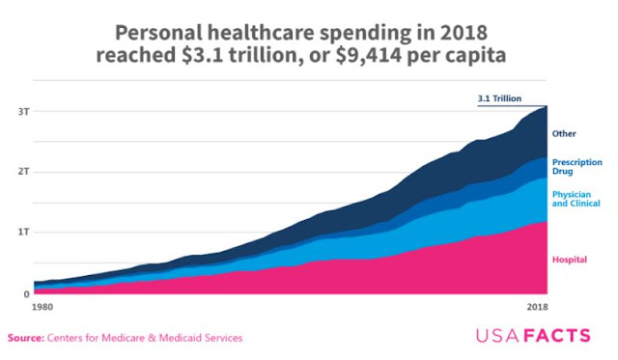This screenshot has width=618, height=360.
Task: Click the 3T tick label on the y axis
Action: coord(23,112)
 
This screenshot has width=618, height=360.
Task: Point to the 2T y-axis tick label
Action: coord(23,172)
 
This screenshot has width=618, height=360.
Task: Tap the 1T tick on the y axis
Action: coord(23,232)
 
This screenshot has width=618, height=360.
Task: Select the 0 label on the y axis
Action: coord(26,293)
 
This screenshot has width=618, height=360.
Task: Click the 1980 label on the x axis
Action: coord(42,307)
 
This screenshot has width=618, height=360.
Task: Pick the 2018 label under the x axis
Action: coord(537,307)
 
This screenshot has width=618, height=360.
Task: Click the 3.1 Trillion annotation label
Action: coord(499,98)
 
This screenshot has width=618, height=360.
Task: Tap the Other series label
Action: coord(564,134)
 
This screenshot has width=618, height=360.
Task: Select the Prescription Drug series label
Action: coord(577,167)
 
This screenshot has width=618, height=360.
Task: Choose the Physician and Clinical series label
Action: coord(576,199)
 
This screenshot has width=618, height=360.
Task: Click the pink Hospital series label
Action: coord(570,260)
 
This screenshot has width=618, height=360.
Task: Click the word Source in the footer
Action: coord(26,338)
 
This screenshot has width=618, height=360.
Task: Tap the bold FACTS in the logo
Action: coord(558,336)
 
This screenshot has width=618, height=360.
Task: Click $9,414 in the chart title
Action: coord(369,55)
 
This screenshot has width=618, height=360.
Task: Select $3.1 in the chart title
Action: coord(203,55)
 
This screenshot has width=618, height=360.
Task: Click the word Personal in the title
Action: coord(158,33)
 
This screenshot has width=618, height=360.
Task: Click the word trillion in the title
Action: coord(262,55)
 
